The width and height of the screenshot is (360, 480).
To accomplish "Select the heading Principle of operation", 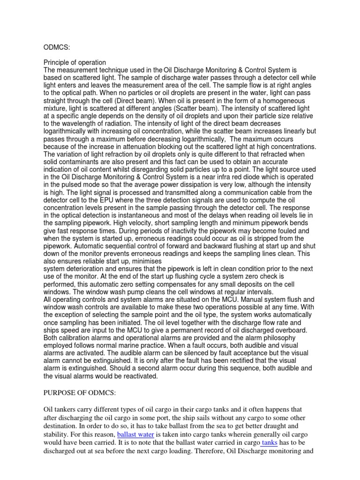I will (75, 62).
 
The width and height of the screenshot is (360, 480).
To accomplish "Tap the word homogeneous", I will (290, 100).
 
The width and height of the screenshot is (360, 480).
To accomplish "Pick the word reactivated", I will (136, 376).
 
